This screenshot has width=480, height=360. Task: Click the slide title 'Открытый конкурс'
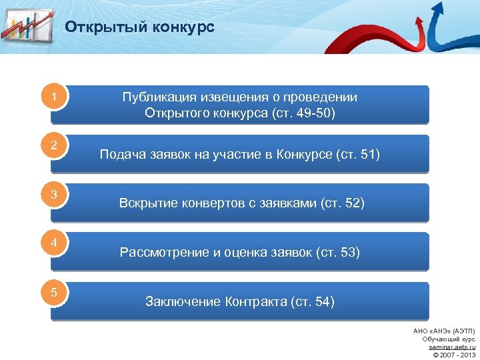[139, 27]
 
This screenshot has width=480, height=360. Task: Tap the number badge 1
[54, 98]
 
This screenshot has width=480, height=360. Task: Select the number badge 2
[54, 146]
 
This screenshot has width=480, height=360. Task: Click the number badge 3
[54, 195]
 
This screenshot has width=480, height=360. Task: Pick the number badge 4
[54, 243]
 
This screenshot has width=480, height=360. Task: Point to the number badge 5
[54, 291]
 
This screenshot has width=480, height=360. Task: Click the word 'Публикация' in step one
[156, 97]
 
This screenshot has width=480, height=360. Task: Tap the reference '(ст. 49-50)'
[303, 113]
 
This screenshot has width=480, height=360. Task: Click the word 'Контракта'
[255, 302]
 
